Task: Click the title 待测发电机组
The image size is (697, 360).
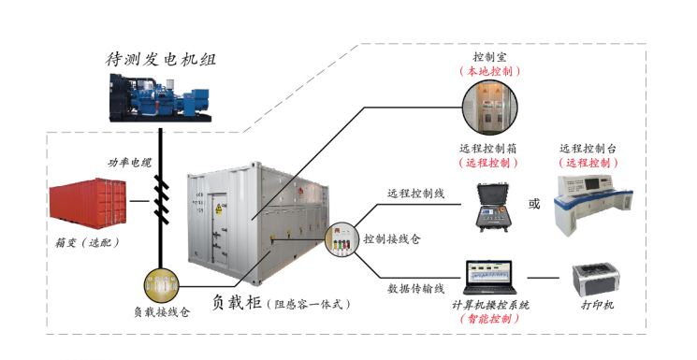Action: [x=161, y=60]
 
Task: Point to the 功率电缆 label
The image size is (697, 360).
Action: [x=128, y=163]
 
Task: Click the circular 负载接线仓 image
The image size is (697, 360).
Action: [x=161, y=283]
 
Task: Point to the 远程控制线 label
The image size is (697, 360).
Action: [x=415, y=194]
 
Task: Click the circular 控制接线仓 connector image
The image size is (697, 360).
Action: [x=340, y=240]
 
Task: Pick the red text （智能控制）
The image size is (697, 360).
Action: [x=489, y=318]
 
